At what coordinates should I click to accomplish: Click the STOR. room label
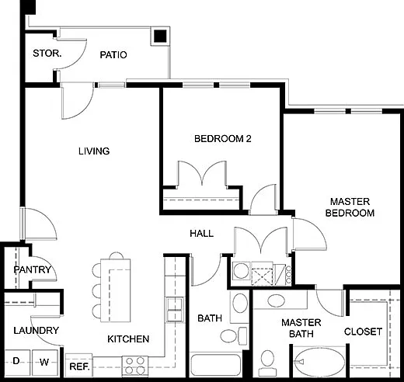click(47, 54)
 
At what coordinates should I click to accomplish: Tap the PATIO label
click(113, 55)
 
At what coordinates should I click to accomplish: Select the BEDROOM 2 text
click(223, 139)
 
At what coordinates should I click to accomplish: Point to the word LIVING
click(94, 151)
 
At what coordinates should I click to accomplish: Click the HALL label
click(202, 234)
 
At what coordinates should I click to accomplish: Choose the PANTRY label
click(33, 269)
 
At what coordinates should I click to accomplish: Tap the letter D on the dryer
click(16, 361)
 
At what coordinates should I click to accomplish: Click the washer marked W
click(44, 362)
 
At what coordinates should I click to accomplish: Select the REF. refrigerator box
click(78, 365)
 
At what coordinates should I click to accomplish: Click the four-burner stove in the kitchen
click(135, 366)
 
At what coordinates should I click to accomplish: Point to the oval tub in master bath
click(320, 362)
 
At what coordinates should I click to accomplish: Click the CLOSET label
click(363, 332)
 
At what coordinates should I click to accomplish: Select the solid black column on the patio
click(160, 36)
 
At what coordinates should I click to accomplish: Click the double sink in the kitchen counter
click(175, 310)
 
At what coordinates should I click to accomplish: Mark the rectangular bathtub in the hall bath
click(216, 365)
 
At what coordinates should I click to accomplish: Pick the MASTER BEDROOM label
click(350, 207)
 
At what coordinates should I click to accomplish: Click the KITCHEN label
click(128, 339)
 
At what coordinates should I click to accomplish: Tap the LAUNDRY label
click(37, 331)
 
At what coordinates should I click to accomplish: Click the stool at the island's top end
click(117, 255)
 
